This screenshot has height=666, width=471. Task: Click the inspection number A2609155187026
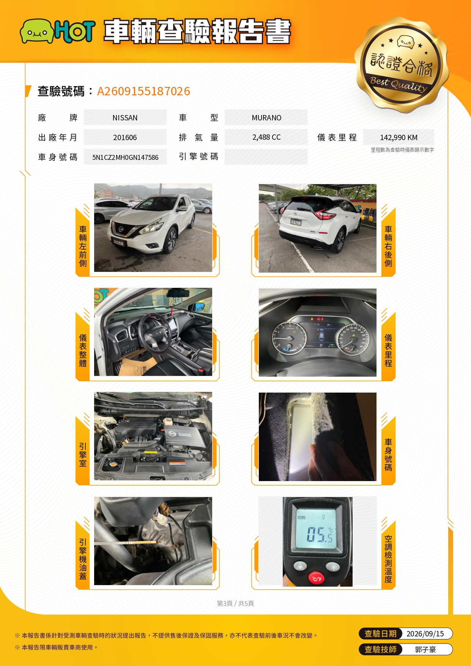[x=143, y=91]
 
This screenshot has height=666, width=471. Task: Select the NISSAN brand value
[x=125, y=118]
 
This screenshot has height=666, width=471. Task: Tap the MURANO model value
[x=266, y=118]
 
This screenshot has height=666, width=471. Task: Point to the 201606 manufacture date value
[x=125, y=137]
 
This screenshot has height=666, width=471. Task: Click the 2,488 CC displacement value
[x=266, y=137]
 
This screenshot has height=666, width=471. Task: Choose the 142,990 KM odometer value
[x=399, y=137]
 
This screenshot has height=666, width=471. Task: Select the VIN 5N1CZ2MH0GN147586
[x=125, y=157]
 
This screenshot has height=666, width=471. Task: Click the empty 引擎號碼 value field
[x=266, y=157]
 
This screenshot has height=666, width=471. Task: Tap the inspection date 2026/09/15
[x=425, y=634]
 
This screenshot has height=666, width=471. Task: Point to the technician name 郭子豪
[x=425, y=650]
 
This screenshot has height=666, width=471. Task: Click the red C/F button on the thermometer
[x=317, y=578]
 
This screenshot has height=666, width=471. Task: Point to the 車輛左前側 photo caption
[x=83, y=246]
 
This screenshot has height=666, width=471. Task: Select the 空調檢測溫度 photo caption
[x=388, y=559]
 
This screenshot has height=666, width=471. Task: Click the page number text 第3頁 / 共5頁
[x=235, y=603]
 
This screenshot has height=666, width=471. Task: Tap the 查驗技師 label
[x=380, y=650]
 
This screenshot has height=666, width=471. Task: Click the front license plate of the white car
[x=119, y=241]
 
